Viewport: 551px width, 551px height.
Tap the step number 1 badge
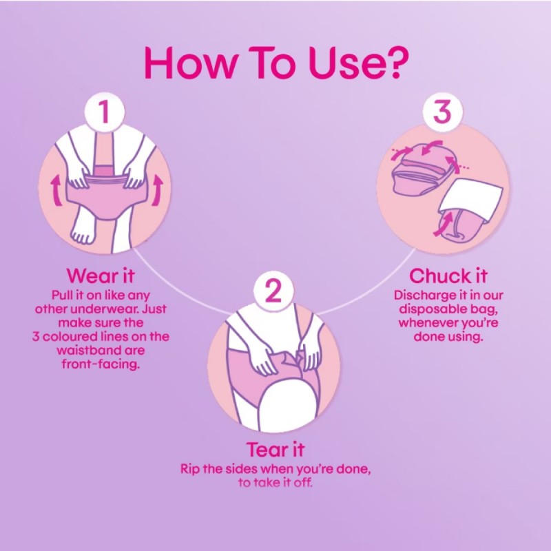(105, 112)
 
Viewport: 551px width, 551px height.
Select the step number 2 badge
(273, 291)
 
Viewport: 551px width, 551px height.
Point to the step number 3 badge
(442, 112)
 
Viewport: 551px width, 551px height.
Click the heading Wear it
(101, 275)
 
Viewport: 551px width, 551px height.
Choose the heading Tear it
(275, 450)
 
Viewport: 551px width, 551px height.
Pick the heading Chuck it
(448, 276)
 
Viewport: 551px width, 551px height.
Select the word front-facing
(101, 364)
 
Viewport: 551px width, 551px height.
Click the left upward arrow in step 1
(56, 191)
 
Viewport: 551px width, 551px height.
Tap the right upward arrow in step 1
(157, 191)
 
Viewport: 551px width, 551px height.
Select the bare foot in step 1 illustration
(83, 228)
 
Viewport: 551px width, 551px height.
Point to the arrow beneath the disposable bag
(443, 225)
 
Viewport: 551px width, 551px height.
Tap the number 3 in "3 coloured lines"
(35, 336)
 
